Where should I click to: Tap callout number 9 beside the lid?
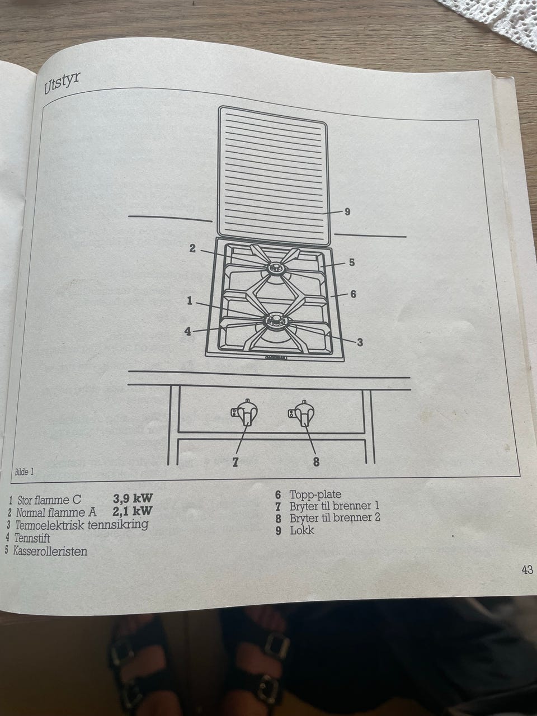(x=347, y=212)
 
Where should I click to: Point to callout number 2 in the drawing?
(x=192, y=248)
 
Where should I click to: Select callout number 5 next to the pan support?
(x=352, y=262)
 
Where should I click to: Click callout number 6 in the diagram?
(x=354, y=294)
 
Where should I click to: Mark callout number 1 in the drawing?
(x=190, y=301)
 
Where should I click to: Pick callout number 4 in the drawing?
(x=188, y=332)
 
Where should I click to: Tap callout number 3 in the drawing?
(x=360, y=342)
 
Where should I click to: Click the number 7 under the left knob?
(x=235, y=461)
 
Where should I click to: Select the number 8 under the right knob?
(x=316, y=462)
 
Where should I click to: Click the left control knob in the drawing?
(x=245, y=413)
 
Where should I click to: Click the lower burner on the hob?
(x=276, y=321)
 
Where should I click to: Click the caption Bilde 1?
(x=24, y=472)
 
